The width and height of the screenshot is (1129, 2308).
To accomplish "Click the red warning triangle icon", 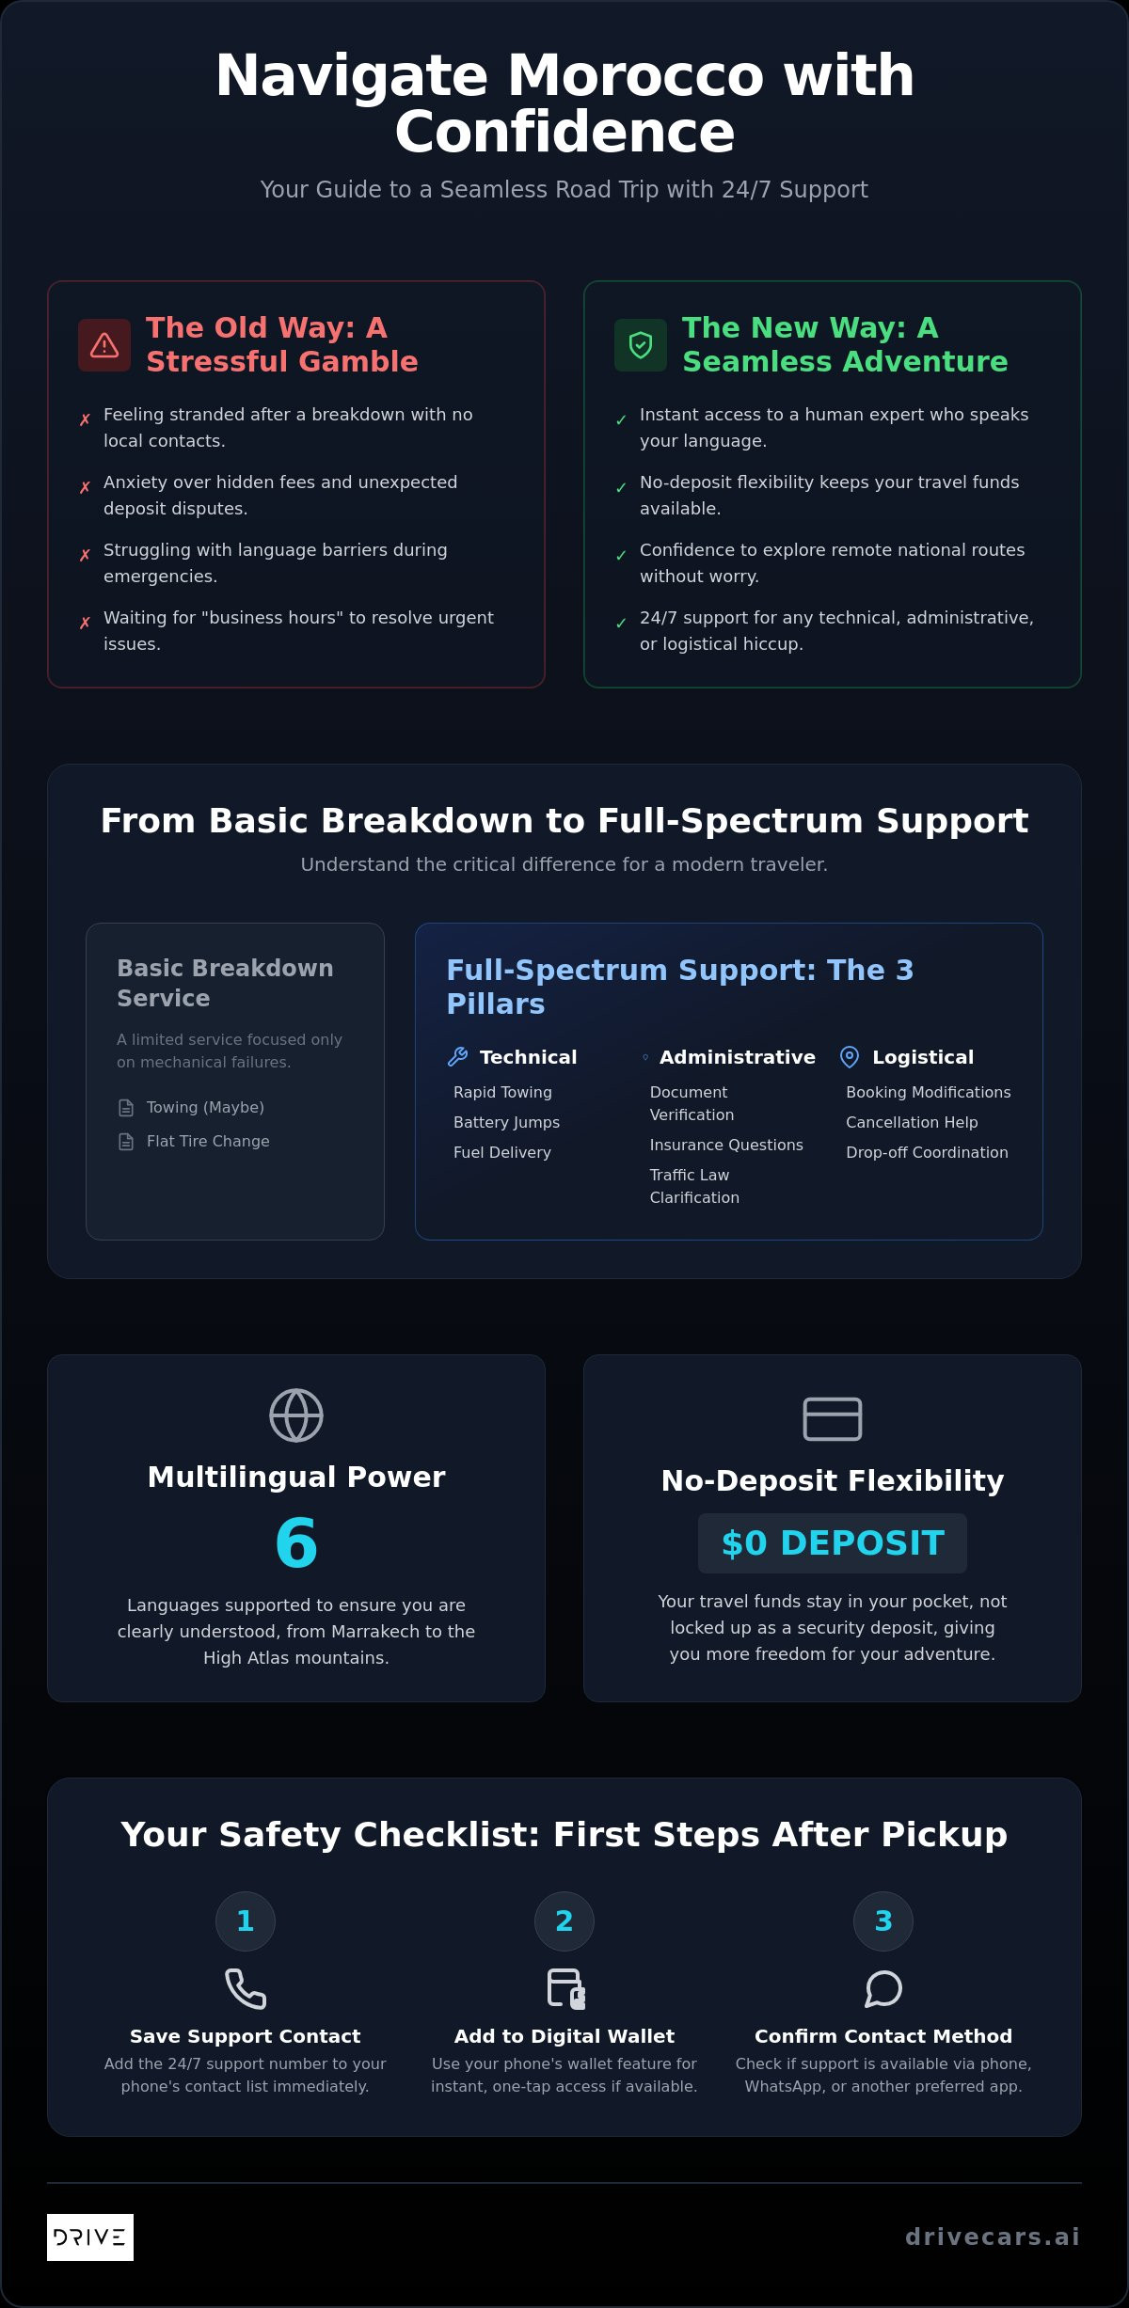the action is tap(104, 345).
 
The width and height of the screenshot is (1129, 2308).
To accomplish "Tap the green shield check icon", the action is tap(641, 345).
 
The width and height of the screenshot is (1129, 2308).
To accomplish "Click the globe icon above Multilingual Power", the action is tap(296, 1415).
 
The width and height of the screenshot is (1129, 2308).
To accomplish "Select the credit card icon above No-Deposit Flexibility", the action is tap(833, 1419).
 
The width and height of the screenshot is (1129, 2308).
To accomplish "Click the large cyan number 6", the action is tap(296, 1543).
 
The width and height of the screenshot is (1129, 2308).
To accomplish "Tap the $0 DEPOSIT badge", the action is tap(833, 1543).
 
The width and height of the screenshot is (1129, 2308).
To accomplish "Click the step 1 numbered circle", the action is tap(246, 1921).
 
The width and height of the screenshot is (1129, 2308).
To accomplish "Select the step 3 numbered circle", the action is tap(883, 1921).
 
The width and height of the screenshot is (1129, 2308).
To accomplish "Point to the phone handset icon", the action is tap(246, 1989).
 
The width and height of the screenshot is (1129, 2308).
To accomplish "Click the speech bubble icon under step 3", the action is tap(883, 1989).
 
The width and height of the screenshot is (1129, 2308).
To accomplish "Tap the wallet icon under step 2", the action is tap(565, 1989).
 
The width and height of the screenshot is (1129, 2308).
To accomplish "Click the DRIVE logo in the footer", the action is tap(90, 2237).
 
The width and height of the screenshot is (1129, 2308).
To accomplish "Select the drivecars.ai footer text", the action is tap(993, 2237).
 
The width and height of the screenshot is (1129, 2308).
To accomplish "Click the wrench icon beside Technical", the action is tap(458, 1057).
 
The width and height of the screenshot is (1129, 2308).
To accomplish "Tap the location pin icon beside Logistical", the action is tap(850, 1057).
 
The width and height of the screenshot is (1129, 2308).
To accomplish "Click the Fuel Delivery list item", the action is tap(502, 1152).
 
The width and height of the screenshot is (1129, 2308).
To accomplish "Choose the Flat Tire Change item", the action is tap(208, 1141).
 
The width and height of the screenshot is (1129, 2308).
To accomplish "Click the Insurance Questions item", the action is tap(726, 1145).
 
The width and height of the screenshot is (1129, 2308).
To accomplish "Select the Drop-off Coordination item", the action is tap(927, 1152).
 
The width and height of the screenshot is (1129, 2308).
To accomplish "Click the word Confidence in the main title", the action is tap(564, 132).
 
